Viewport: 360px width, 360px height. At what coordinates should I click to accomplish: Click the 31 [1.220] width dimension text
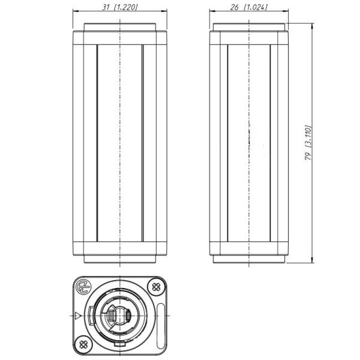pyautogui.click(x=119, y=7)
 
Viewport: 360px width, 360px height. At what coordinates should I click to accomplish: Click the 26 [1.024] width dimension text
pyautogui.click(x=249, y=7)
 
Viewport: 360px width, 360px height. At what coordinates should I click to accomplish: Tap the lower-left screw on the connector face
pyautogui.click(x=83, y=344)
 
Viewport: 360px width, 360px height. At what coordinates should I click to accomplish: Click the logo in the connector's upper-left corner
pyautogui.click(x=84, y=286)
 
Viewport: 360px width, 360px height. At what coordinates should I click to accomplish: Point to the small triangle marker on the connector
pyautogui.click(x=78, y=315)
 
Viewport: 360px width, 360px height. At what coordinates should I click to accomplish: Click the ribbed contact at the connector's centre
pyautogui.click(x=120, y=315)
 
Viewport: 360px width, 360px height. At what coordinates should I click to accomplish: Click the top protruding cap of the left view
pyautogui.click(x=120, y=28)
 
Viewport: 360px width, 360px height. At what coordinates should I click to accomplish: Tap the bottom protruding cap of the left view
pyautogui.click(x=120, y=260)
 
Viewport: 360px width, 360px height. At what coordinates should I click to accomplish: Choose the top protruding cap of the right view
pyautogui.click(x=249, y=28)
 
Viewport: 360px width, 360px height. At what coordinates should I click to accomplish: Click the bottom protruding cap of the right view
pyautogui.click(x=249, y=260)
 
